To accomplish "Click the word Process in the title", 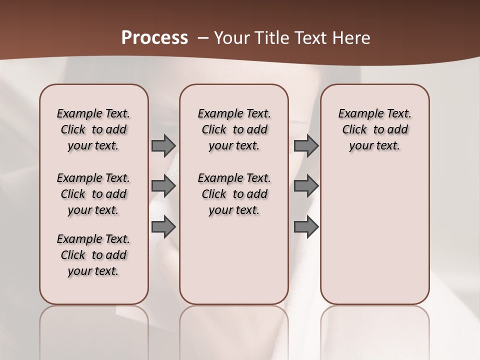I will pyautogui.click(x=154, y=37).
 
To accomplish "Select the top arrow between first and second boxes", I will pyautogui.click(x=163, y=145).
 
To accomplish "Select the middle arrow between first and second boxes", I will pyautogui.click(x=163, y=186).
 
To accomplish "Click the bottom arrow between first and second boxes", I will pyautogui.click(x=163, y=227).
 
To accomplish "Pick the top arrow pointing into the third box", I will pyautogui.click(x=306, y=145).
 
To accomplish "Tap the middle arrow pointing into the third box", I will pyautogui.click(x=306, y=186).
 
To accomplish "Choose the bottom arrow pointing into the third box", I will pyautogui.click(x=306, y=227).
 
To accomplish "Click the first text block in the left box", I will pyautogui.click(x=93, y=129).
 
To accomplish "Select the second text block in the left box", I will pyautogui.click(x=93, y=194).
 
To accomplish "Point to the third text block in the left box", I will pyautogui.click(x=93, y=255).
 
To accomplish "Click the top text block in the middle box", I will pyautogui.click(x=234, y=129).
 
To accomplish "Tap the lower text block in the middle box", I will pyautogui.click(x=234, y=194).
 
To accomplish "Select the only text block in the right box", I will pyautogui.click(x=374, y=129).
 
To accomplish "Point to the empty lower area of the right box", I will pyautogui.click(x=374, y=235).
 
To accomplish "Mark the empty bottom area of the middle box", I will pyautogui.click(x=234, y=265).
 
